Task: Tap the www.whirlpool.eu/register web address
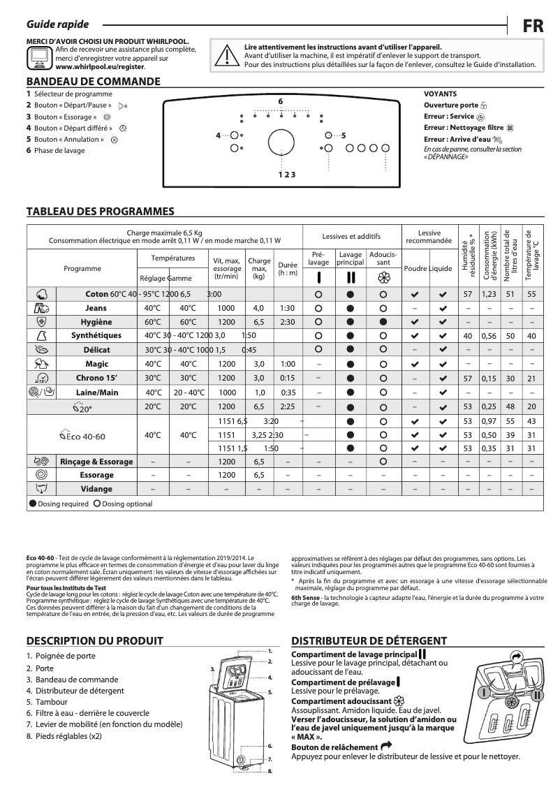pos(100,68)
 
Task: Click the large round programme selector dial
pos(280,140)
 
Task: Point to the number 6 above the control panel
pos(280,102)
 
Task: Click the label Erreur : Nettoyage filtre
pos(464,128)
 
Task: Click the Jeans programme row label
pos(96,308)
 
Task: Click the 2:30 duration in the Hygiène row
pos(288,322)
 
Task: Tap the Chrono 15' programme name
pos(97,378)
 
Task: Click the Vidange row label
pos(96,489)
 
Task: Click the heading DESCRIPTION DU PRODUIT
pos(94,640)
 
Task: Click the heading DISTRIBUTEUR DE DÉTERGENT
pos(369,640)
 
